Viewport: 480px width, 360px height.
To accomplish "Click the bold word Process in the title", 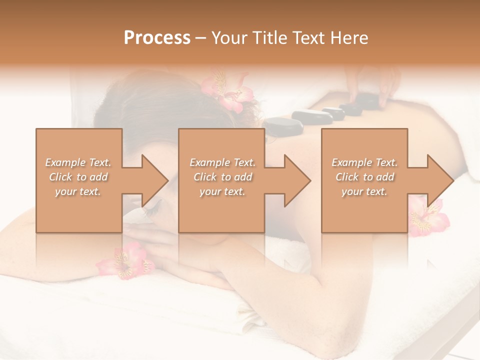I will click(157, 38).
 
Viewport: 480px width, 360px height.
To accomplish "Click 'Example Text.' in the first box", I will click(78, 162).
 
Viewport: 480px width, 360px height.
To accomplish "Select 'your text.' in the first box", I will click(78, 191).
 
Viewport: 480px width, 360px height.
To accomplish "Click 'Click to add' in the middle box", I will click(222, 177).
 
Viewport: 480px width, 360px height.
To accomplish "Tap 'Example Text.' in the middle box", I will click(222, 162).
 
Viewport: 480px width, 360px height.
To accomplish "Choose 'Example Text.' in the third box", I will click(365, 162).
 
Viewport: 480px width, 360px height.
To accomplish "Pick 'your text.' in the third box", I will click(365, 191).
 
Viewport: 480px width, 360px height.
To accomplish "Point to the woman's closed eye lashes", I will click(150, 212).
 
